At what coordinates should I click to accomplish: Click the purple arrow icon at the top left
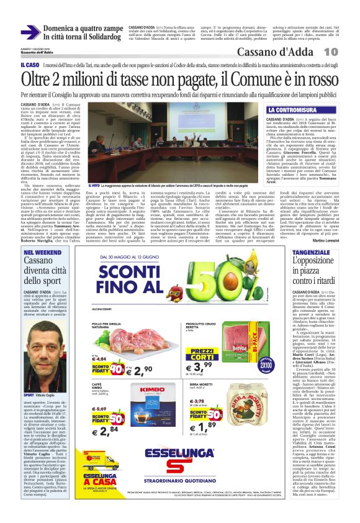[30, 32]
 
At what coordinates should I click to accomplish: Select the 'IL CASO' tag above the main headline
[30, 65]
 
